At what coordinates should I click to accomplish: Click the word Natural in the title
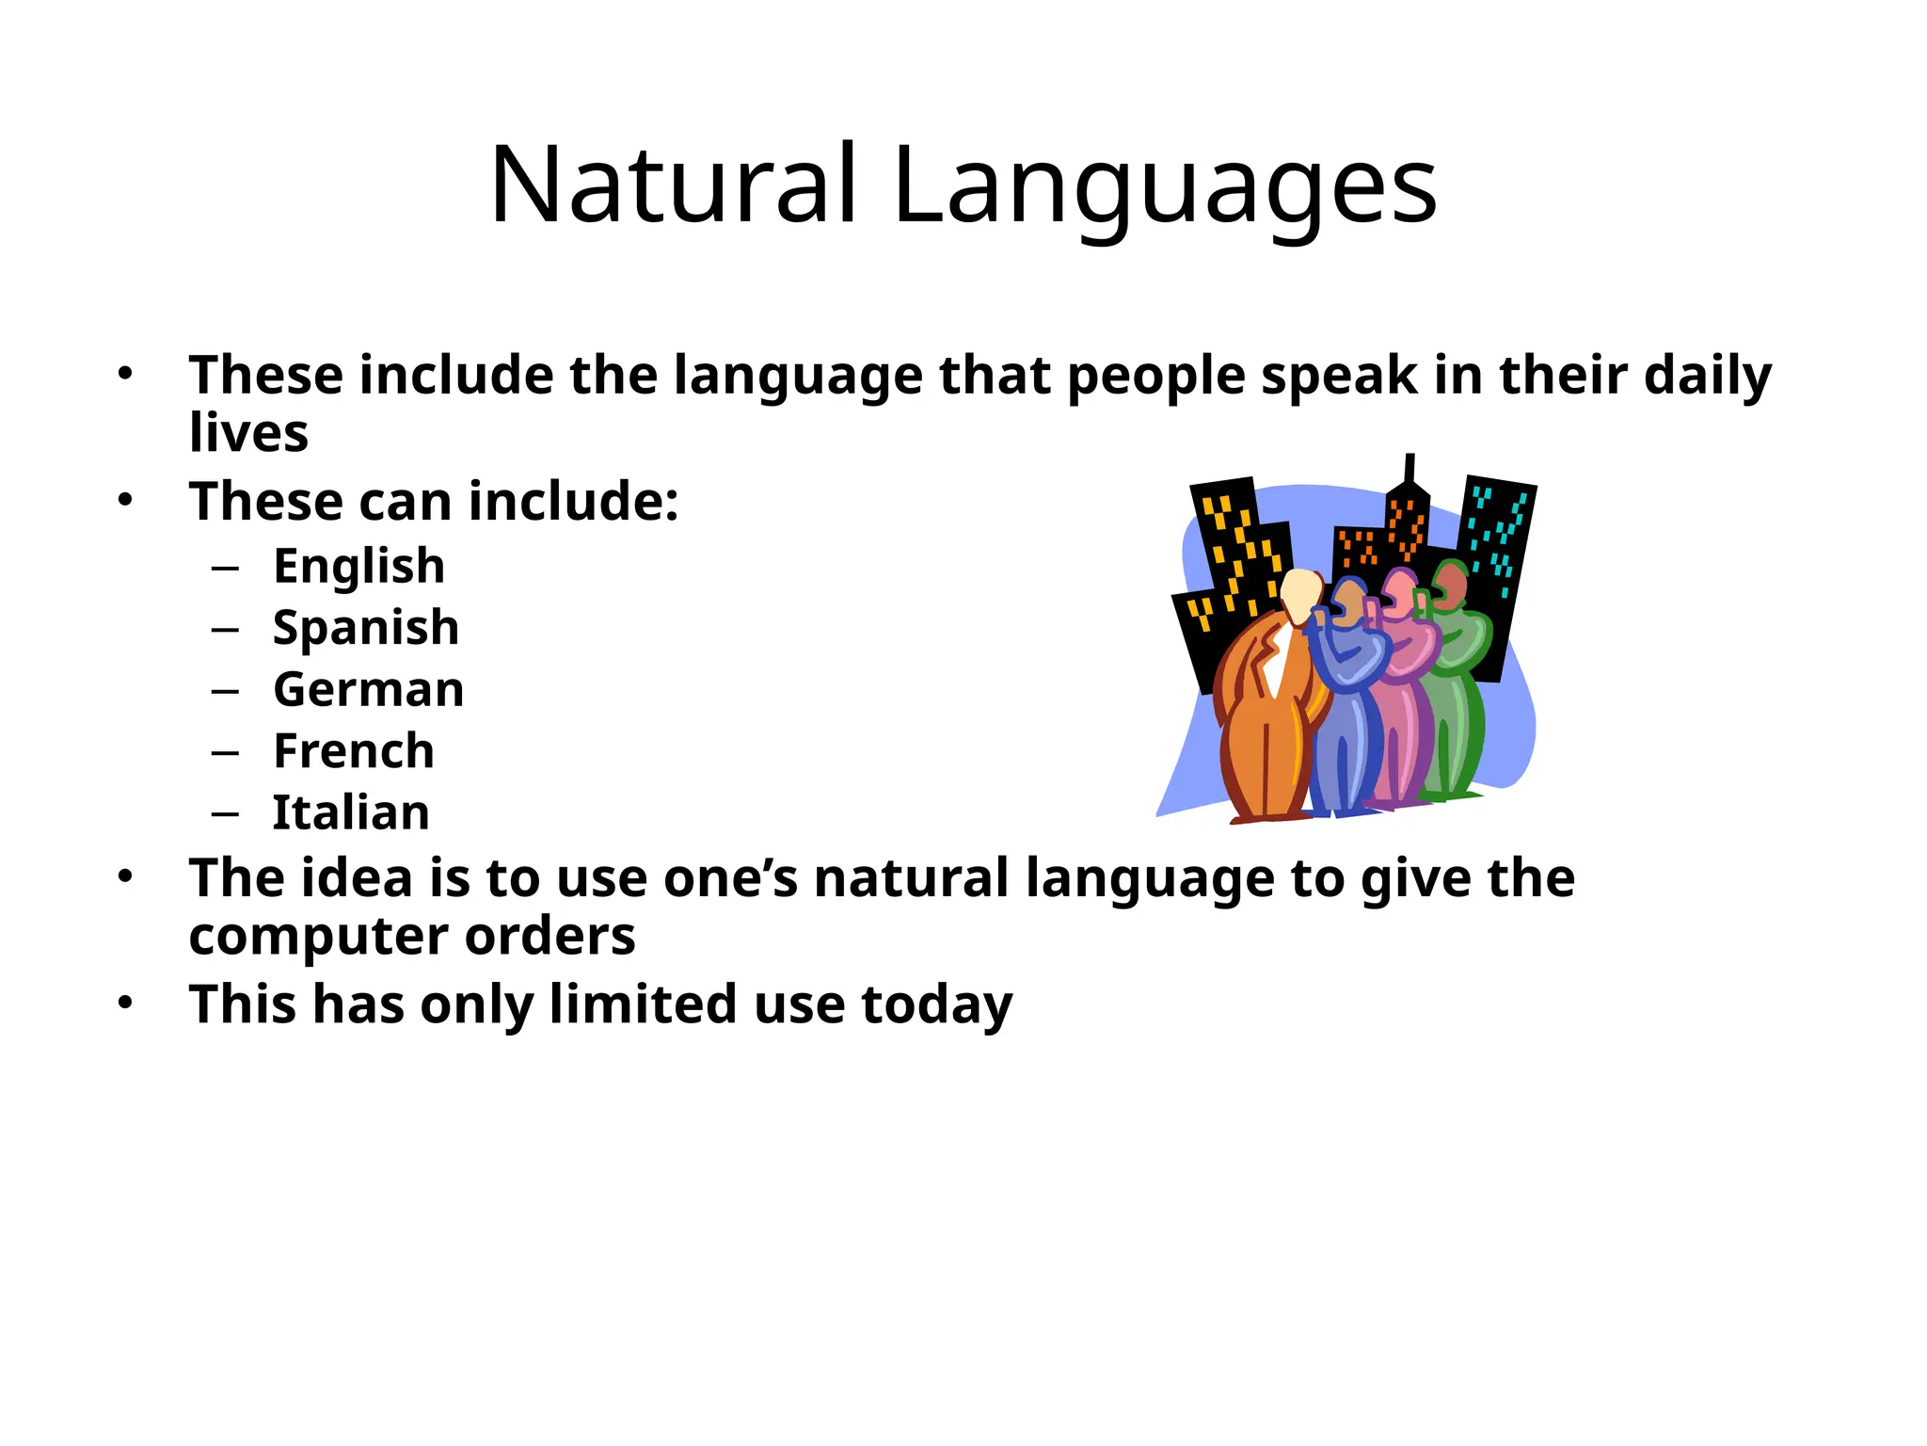click(x=673, y=185)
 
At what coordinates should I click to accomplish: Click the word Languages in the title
click(x=1165, y=188)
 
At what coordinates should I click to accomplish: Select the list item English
click(x=358, y=566)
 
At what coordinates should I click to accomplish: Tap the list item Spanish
click(x=365, y=628)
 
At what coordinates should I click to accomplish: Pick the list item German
click(x=368, y=689)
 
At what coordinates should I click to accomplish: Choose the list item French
click(x=354, y=751)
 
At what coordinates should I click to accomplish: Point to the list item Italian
click(x=351, y=812)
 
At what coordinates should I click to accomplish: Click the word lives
click(x=248, y=433)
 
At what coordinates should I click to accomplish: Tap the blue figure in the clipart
click(x=1346, y=706)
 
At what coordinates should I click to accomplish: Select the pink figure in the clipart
click(x=1402, y=697)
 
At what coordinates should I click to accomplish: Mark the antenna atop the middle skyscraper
click(x=1409, y=469)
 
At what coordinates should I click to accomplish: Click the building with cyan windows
click(x=1498, y=537)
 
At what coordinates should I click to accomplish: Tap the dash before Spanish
click(x=226, y=629)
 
